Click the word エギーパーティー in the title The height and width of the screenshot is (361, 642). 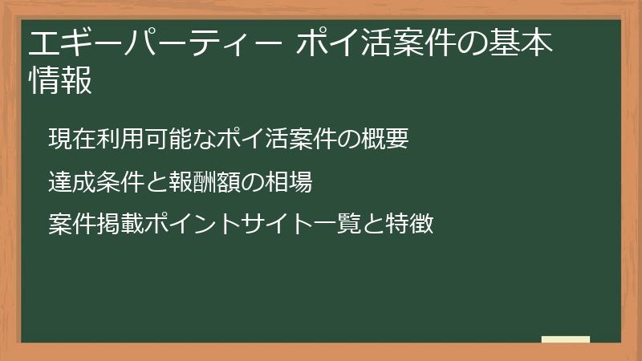(155, 43)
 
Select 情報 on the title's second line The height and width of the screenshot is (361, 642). (61, 79)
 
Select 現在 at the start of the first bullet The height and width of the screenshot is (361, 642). (72, 138)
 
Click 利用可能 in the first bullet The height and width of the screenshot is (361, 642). (144, 138)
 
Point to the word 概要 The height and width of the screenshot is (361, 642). (385, 138)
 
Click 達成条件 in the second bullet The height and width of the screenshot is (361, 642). (95, 181)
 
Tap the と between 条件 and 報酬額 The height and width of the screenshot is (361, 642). (156, 182)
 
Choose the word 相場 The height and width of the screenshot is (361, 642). (289, 181)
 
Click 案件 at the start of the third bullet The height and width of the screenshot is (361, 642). (72, 224)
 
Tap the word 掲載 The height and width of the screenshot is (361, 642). (120, 224)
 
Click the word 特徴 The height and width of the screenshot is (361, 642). (409, 224)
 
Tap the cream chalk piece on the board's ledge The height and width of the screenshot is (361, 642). (566, 339)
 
